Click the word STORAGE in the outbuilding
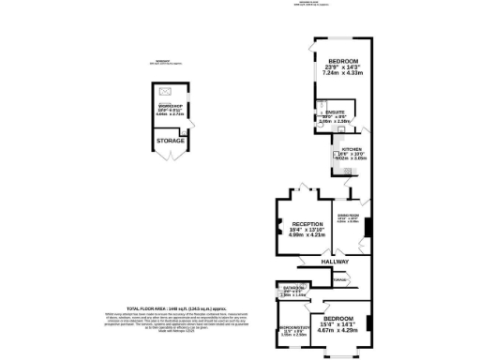tap(171, 141)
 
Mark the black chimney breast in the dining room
tap(368, 228)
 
